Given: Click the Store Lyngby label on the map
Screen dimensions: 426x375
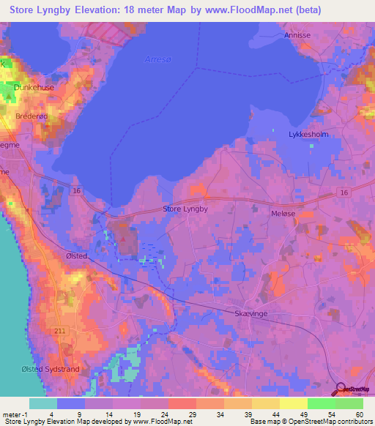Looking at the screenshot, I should (x=185, y=209).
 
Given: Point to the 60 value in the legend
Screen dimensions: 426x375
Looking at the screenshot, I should (x=358, y=414).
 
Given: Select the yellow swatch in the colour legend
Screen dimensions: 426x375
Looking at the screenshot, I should (x=293, y=403).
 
